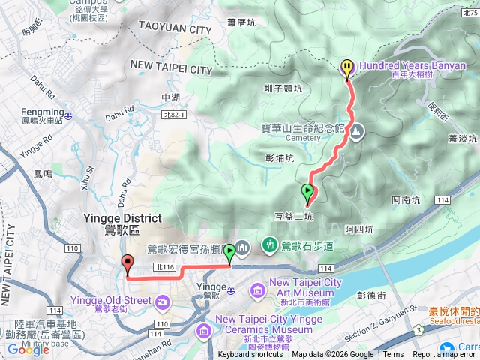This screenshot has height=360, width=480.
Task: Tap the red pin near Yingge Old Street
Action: coord(127,264)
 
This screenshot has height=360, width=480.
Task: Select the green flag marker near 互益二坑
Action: coord(307,193)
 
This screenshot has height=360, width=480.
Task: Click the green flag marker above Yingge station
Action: coord(229,253)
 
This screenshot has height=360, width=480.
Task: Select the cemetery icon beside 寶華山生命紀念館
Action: coord(357,131)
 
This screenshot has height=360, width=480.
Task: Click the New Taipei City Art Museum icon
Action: coord(257,289)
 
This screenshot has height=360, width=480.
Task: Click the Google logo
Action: coord(28,349)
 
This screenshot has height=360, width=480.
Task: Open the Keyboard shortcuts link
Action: coord(250,355)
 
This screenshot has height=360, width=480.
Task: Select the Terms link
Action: coord(393,355)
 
